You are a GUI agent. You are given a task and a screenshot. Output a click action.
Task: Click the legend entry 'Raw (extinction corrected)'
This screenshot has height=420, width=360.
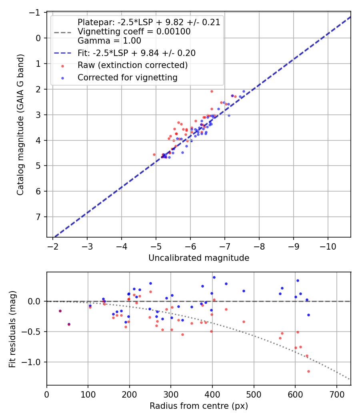(132, 65)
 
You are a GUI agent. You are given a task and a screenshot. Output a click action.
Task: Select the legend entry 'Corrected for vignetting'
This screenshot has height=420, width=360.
(128, 78)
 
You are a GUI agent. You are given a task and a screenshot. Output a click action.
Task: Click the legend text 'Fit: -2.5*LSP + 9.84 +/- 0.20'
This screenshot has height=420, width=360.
(136, 53)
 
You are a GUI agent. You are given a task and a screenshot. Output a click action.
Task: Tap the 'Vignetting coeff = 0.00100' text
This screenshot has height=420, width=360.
(134, 31)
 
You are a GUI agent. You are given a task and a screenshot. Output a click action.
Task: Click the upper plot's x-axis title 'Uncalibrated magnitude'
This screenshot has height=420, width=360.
(199, 258)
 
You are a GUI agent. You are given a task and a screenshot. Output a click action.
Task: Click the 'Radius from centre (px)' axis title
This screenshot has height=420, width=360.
(199, 406)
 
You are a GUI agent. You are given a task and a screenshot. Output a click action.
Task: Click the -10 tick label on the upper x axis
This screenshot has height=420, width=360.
(328, 246)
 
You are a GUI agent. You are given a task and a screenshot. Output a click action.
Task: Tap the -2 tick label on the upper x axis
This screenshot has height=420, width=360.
(53, 246)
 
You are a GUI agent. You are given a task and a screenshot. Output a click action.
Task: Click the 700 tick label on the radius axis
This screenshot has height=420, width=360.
(336, 394)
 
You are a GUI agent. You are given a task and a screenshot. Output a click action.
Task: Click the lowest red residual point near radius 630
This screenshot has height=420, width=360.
(308, 371)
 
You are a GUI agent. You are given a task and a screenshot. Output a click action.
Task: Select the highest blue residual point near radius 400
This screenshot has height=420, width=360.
(214, 277)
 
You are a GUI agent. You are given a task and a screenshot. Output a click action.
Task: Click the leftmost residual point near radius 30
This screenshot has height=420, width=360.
(60, 311)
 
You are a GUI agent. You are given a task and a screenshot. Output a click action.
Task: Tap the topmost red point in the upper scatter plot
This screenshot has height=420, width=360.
(212, 91)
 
